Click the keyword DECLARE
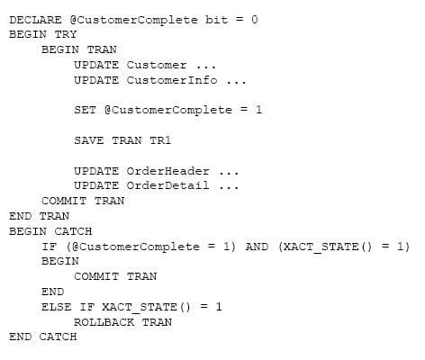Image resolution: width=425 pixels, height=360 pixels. pyautogui.click(x=35, y=20)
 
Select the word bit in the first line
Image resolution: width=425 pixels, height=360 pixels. pyautogui.click(x=216, y=20)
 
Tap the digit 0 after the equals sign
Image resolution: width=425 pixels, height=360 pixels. pyautogui.click(x=254, y=20)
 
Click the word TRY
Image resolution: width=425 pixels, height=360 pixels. pyautogui.click(x=66, y=34)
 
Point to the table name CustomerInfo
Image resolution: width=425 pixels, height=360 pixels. pyautogui.click(x=172, y=80)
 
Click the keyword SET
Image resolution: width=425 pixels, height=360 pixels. pyautogui.click(x=86, y=110)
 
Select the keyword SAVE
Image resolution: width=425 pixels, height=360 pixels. pyautogui.click(x=89, y=140)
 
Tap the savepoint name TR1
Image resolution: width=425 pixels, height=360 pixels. pyautogui.click(x=160, y=140)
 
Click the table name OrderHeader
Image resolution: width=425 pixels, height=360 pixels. pyautogui.click(x=167, y=171)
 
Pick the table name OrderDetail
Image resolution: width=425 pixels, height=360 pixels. pyautogui.click(x=167, y=185)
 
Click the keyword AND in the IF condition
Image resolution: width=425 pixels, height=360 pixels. pyautogui.click(x=257, y=247)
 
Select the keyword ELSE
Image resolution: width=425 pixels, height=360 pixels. pyautogui.click(x=57, y=307)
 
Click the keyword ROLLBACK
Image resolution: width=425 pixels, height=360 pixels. pyautogui.click(x=104, y=322)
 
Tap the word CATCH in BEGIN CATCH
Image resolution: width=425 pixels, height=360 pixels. pyautogui.click(x=73, y=231)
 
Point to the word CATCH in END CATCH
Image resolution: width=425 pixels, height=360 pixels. pyautogui.click(x=58, y=337)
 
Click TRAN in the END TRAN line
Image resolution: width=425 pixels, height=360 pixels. pyautogui.click(x=54, y=216)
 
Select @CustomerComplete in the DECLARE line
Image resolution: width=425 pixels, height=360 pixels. pyautogui.click(x=134, y=20)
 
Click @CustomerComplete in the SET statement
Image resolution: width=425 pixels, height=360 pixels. pyautogui.click(x=168, y=110)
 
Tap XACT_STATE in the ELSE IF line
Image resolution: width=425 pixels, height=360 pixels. pyautogui.click(x=140, y=307)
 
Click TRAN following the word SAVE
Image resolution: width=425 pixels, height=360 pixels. pyautogui.click(x=127, y=140)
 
